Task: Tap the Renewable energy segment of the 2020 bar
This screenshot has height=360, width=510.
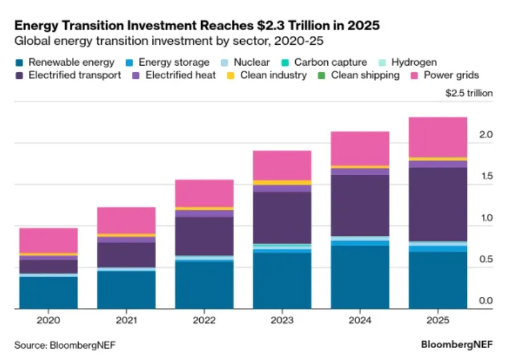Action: pos(49,292)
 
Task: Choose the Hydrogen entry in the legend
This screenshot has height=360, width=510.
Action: pos(415,62)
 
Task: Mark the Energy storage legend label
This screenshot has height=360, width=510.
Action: pos(174,62)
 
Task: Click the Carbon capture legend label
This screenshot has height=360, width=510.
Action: pos(331,62)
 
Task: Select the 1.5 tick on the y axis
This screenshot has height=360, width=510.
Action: pos(485,177)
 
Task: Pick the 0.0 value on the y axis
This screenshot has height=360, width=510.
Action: pos(485,301)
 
